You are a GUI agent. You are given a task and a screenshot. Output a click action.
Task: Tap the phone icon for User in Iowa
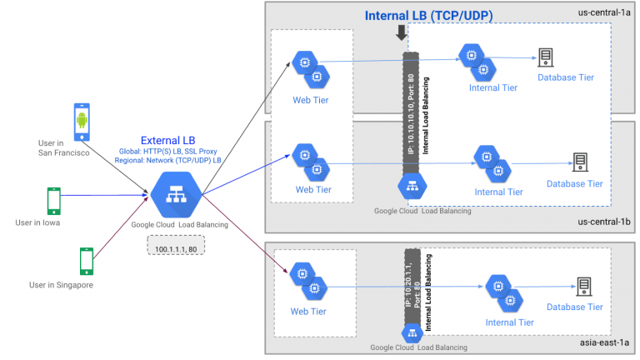point(53,201)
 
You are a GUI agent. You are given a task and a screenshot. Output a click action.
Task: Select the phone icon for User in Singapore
point(85,260)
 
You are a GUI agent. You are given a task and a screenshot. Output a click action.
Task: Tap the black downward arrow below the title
point(402,33)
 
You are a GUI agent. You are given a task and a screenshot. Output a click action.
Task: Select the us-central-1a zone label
point(606,12)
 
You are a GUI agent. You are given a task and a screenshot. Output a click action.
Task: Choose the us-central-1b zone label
point(606,222)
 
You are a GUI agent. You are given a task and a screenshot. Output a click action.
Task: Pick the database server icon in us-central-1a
point(546,57)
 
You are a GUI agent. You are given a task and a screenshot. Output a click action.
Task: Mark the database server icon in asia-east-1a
point(583,286)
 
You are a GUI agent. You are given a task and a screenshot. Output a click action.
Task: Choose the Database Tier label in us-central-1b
point(574,183)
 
